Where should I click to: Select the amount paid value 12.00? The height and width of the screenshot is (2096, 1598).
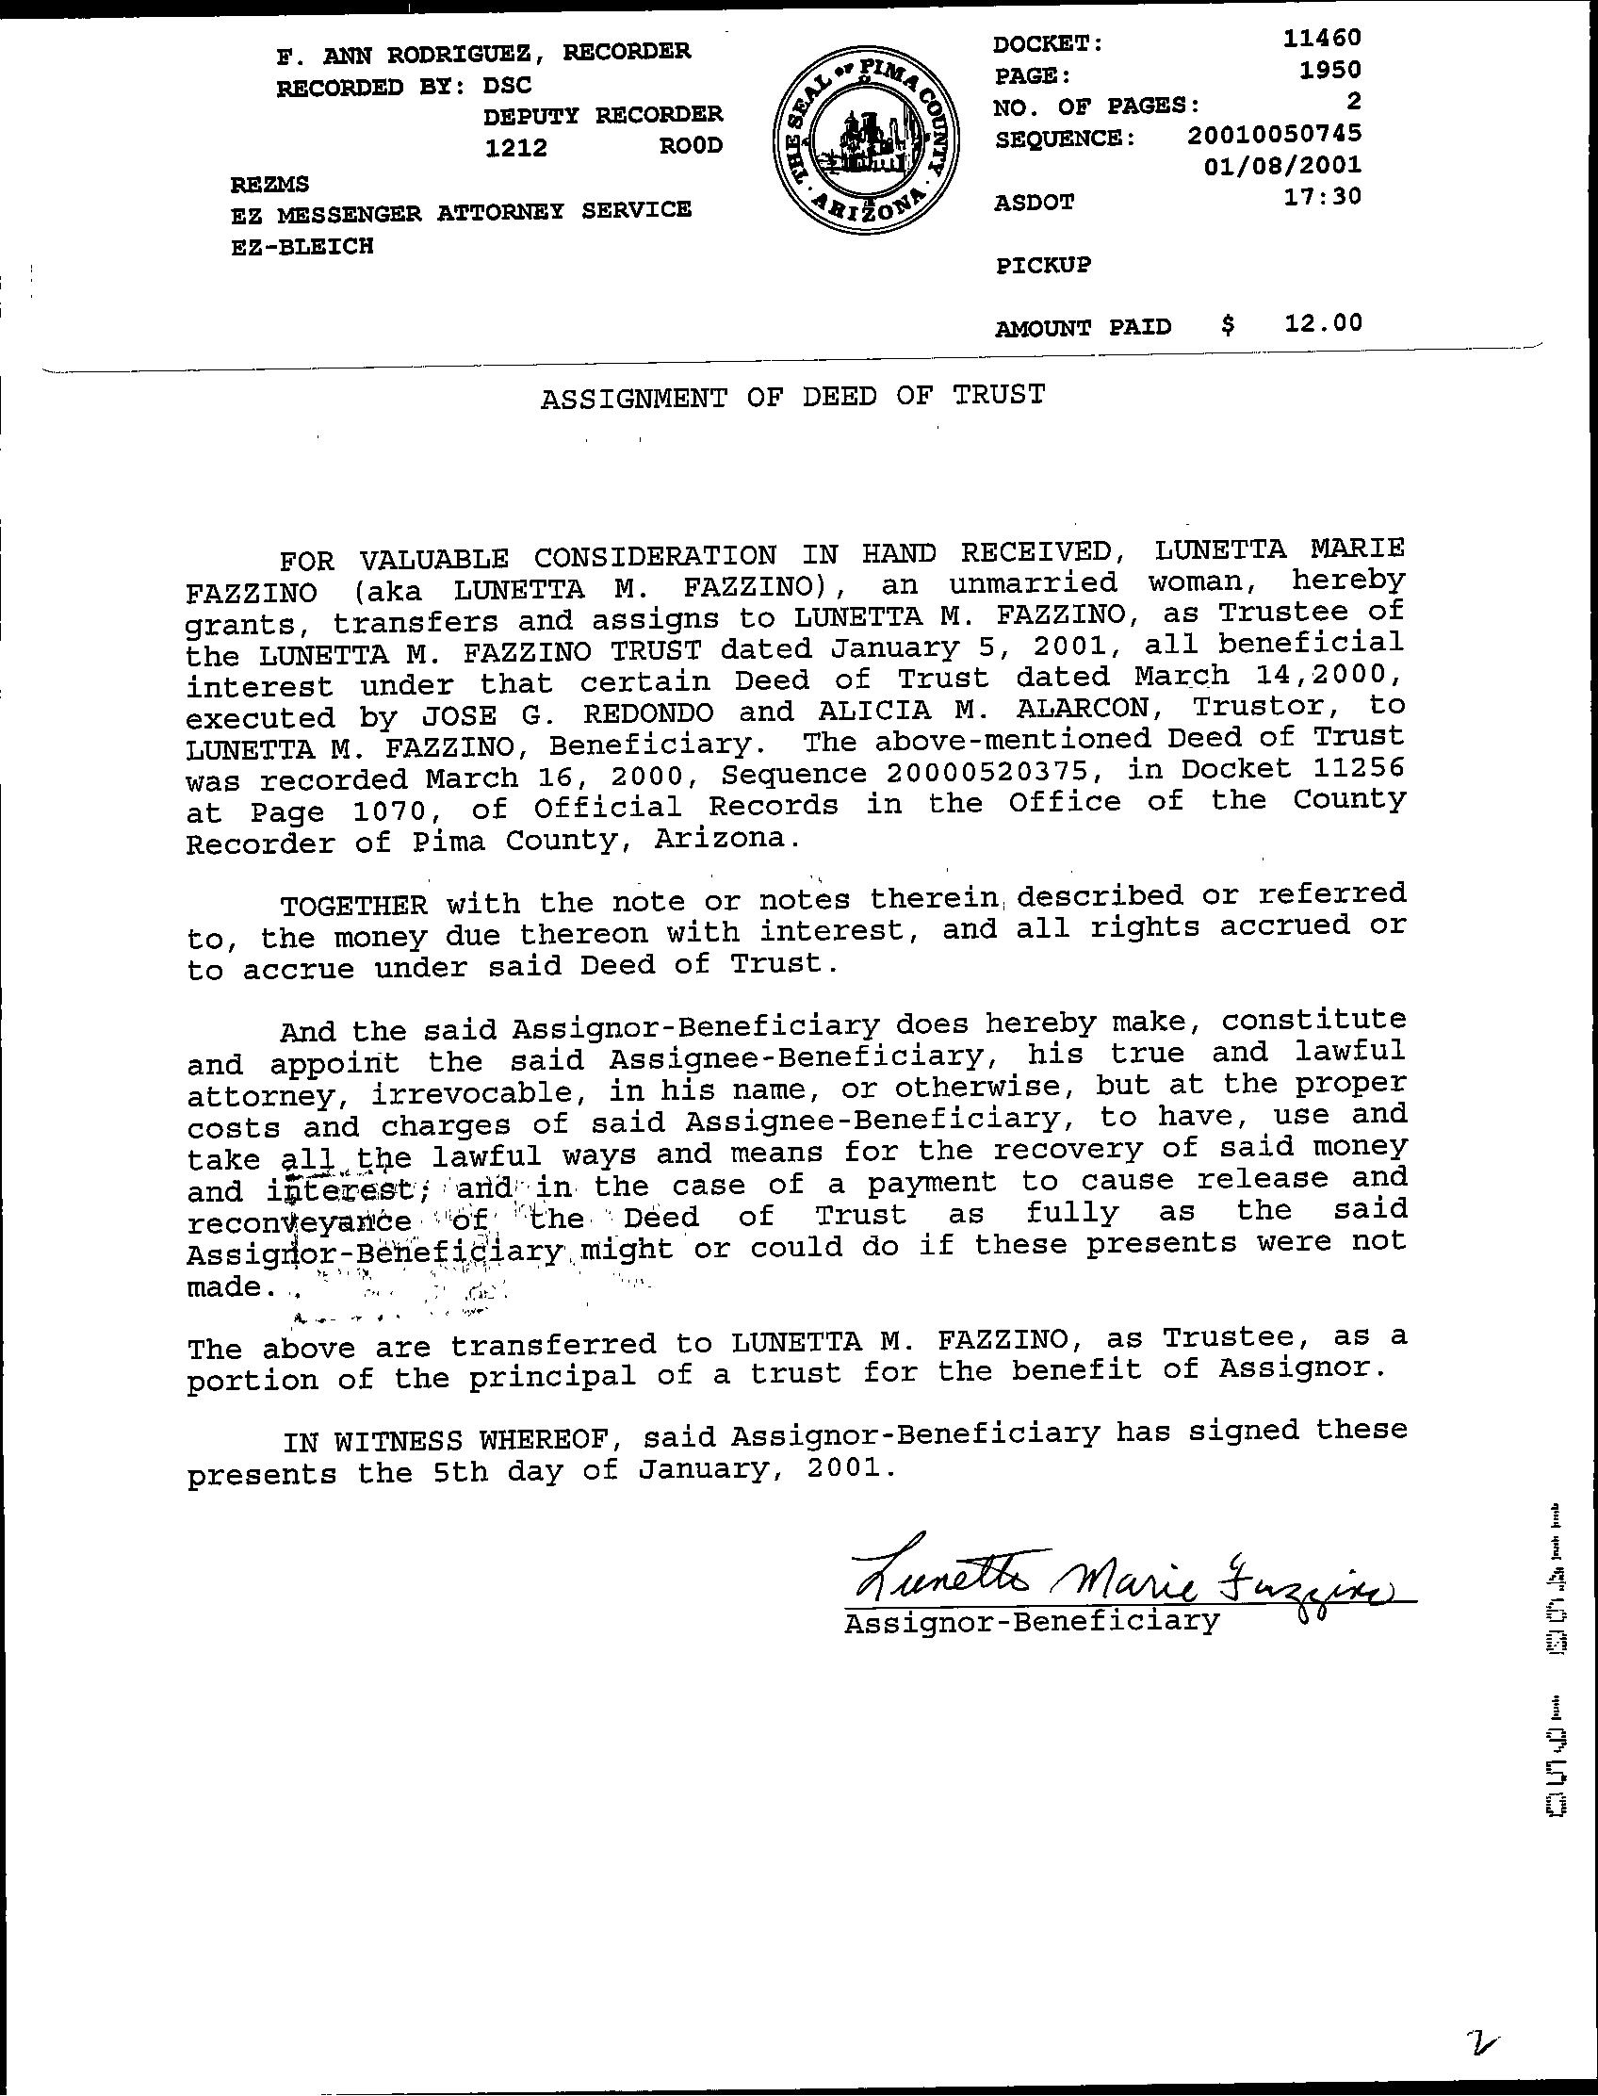(1323, 323)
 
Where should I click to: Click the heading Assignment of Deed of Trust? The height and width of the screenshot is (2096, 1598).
(792, 395)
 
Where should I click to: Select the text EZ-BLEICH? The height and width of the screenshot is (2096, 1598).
(302, 246)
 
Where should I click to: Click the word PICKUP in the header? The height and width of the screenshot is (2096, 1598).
(1043, 265)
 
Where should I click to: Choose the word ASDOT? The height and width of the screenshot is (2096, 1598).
(1034, 202)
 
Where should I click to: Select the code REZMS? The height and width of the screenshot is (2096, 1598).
(270, 184)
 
